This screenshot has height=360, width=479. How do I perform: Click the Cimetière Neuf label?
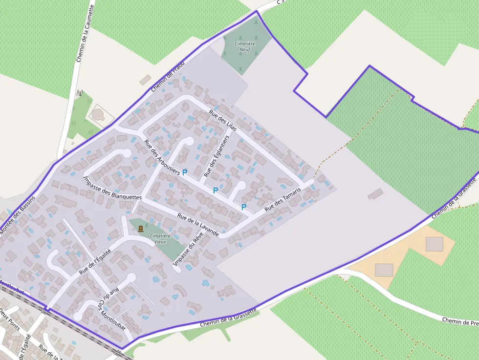tap(244, 47)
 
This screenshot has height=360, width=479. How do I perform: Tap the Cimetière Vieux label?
tap(157, 238)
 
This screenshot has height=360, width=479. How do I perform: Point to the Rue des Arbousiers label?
tap(162, 157)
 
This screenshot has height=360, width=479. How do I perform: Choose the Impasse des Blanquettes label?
tap(112, 187)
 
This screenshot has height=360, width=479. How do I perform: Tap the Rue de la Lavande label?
tap(198, 225)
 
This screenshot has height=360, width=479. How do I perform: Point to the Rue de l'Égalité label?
tap(95, 261)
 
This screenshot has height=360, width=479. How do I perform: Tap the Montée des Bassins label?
tap(17, 215)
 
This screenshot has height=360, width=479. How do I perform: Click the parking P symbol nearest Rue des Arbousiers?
tap(185, 172)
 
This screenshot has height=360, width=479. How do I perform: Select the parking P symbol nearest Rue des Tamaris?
tap(243, 207)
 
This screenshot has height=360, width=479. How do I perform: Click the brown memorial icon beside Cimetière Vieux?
tap(141, 229)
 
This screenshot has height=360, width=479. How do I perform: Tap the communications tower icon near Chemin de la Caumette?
tap(80, 92)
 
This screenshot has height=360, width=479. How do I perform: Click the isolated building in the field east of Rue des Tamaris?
tap(376, 193)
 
